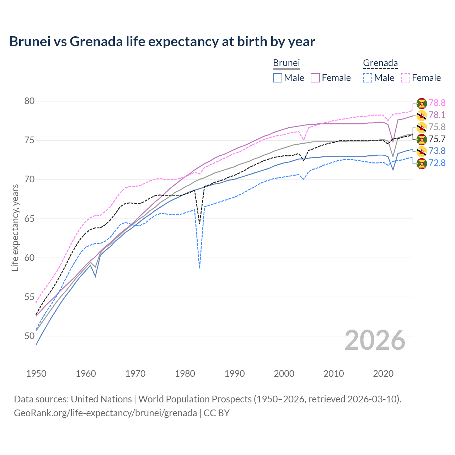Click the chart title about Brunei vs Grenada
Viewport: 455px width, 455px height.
click(x=162, y=42)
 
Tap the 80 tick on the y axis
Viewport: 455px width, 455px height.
click(x=29, y=101)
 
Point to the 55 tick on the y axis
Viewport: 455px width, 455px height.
click(x=29, y=297)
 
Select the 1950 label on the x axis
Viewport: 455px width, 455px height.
click(x=36, y=374)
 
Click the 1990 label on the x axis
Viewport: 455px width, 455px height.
click(x=235, y=374)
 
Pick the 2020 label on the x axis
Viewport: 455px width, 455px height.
click(x=383, y=374)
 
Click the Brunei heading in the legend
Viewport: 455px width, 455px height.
click(x=286, y=63)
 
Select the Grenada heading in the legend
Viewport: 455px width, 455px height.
click(x=380, y=63)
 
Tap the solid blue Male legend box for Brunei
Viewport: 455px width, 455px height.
click(x=278, y=78)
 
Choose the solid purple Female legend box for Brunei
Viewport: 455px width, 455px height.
click(x=315, y=78)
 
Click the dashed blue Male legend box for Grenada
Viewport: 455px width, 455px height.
click(x=368, y=78)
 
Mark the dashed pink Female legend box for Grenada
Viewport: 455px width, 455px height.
click(x=406, y=78)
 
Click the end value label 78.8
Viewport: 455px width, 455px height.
click(x=437, y=103)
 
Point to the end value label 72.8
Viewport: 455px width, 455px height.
click(x=437, y=163)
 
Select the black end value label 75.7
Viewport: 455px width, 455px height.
click(x=437, y=139)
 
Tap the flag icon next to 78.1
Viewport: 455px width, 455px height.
click(x=422, y=115)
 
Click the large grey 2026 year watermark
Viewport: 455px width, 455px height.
click(x=375, y=340)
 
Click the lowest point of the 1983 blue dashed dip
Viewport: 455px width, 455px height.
click(x=199, y=268)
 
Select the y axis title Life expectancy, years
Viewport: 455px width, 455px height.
click(x=15, y=227)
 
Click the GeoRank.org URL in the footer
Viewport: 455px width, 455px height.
click(x=105, y=413)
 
